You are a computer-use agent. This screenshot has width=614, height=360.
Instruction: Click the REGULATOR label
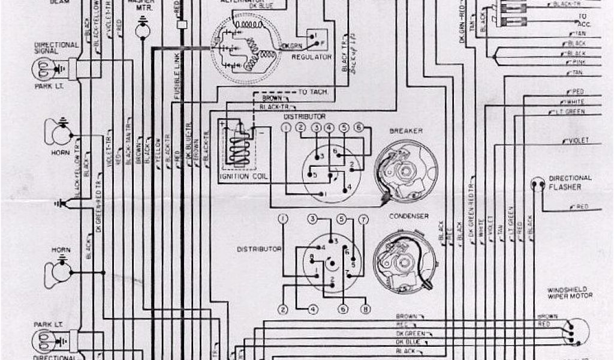[x=312, y=57]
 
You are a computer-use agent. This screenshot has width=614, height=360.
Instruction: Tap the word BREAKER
[x=406, y=131]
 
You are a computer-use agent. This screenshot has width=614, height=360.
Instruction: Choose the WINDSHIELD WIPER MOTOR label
[x=569, y=292]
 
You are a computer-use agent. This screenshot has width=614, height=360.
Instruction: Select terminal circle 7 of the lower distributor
[x=362, y=219]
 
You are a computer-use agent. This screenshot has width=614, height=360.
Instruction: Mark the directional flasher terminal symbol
[x=537, y=184]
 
